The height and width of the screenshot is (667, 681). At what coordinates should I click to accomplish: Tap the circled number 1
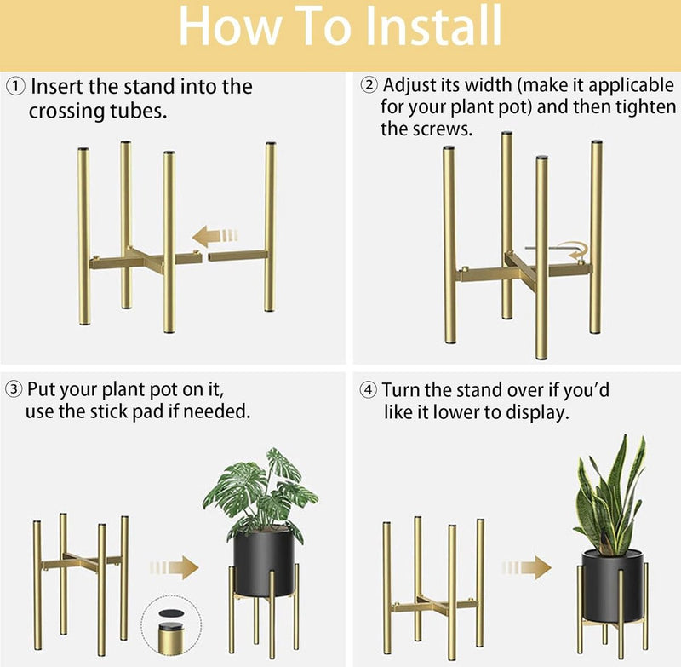point(15,87)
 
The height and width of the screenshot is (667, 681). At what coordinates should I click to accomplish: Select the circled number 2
point(369,84)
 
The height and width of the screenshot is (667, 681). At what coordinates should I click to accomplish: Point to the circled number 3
point(14,389)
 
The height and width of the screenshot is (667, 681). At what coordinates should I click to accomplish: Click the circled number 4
point(369,390)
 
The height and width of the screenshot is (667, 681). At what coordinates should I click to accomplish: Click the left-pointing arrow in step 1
point(215,236)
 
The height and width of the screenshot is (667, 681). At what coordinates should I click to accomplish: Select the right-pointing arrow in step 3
point(175,567)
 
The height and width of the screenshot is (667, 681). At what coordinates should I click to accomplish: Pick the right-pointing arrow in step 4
point(526,567)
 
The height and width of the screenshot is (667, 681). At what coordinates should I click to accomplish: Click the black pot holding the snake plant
point(613,586)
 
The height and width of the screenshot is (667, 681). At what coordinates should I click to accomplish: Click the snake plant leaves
point(610,496)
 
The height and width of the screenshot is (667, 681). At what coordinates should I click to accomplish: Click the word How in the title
point(230,26)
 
